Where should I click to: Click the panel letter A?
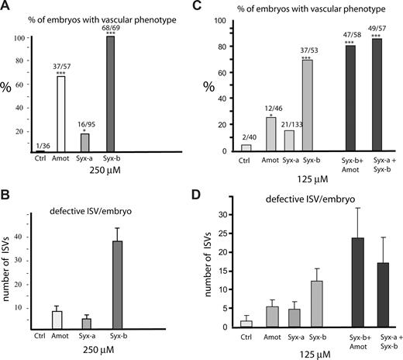(x=7, y=7)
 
